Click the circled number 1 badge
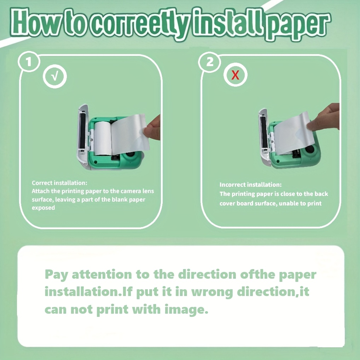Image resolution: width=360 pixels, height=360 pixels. pyautogui.click(x=29, y=62)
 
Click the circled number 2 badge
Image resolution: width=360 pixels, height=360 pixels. pyautogui.click(x=210, y=62)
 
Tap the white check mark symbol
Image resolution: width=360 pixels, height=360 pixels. pyautogui.click(x=55, y=76)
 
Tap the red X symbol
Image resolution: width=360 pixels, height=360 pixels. pyautogui.click(x=235, y=75)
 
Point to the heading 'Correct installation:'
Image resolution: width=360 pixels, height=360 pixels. pyautogui.click(x=59, y=183)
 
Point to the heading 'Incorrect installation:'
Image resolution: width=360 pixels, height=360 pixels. pyautogui.click(x=250, y=185)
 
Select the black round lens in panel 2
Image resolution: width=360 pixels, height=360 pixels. pyautogui.click(x=310, y=150)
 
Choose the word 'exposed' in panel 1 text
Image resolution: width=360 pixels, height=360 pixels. pyautogui.click(x=43, y=208)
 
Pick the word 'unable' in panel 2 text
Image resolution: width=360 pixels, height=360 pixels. pyautogui.click(x=288, y=203)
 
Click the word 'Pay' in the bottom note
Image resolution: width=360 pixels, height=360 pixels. pyautogui.click(x=56, y=275)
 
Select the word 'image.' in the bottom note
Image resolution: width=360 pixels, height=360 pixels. pyautogui.click(x=186, y=309)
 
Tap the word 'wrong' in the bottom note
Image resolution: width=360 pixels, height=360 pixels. pyautogui.click(x=211, y=292)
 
